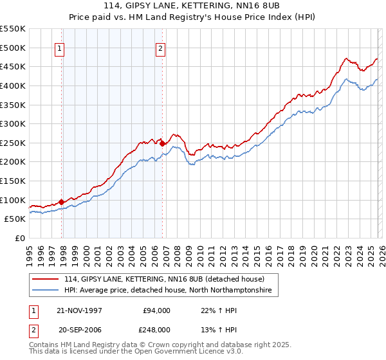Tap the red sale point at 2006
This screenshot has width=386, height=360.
(x=162, y=144)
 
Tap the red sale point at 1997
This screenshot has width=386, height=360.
(x=62, y=202)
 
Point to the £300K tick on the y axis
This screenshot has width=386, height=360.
(x=13, y=123)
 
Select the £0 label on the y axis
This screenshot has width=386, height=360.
(x=19, y=238)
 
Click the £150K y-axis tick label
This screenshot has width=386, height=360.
(x=13, y=181)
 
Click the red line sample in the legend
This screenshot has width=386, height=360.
(x=46, y=280)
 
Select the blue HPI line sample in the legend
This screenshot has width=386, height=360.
(x=46, y=291)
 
